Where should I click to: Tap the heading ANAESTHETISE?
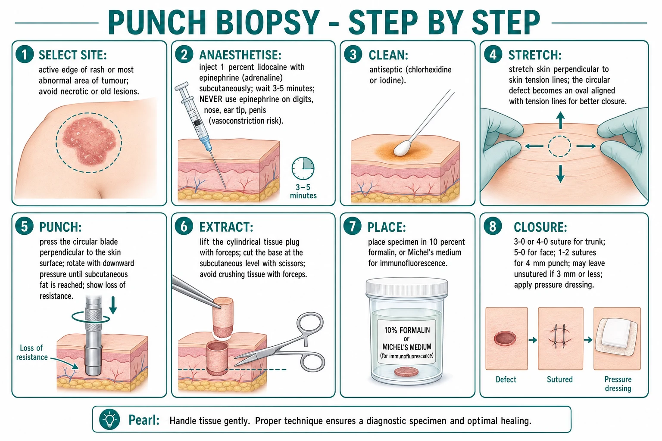(240, 55)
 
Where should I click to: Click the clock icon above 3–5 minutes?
(303, 168)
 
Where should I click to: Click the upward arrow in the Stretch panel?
(560, 120)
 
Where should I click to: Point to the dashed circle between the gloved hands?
(559, 146)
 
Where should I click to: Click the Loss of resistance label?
(31, 352)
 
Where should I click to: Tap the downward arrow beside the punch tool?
(113, 305)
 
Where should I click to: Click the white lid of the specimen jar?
(407, 286)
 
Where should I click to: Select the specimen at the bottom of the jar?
(406, 372)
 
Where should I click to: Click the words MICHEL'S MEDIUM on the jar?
(407, 347)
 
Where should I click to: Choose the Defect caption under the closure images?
(506, 379)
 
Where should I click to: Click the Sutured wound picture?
(560, 339)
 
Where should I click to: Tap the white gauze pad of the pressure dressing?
(616, 336)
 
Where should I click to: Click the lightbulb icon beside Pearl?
(109, 419)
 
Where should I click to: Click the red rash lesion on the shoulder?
(89, 141)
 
